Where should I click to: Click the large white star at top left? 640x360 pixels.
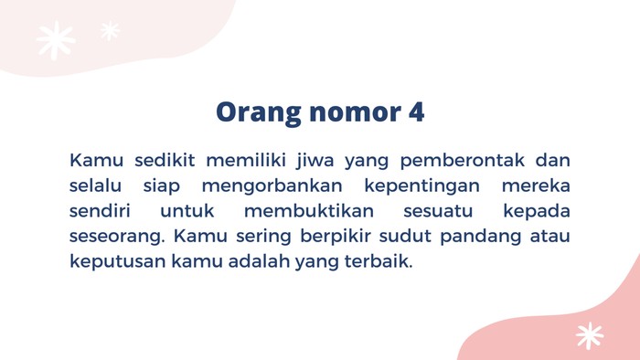click(x=56, y=40)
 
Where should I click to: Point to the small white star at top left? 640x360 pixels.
click(x=110, y=31)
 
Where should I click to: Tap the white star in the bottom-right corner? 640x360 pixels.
click(x=590, y=335)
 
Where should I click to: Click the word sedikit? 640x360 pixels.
click(x=165, y=162)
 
